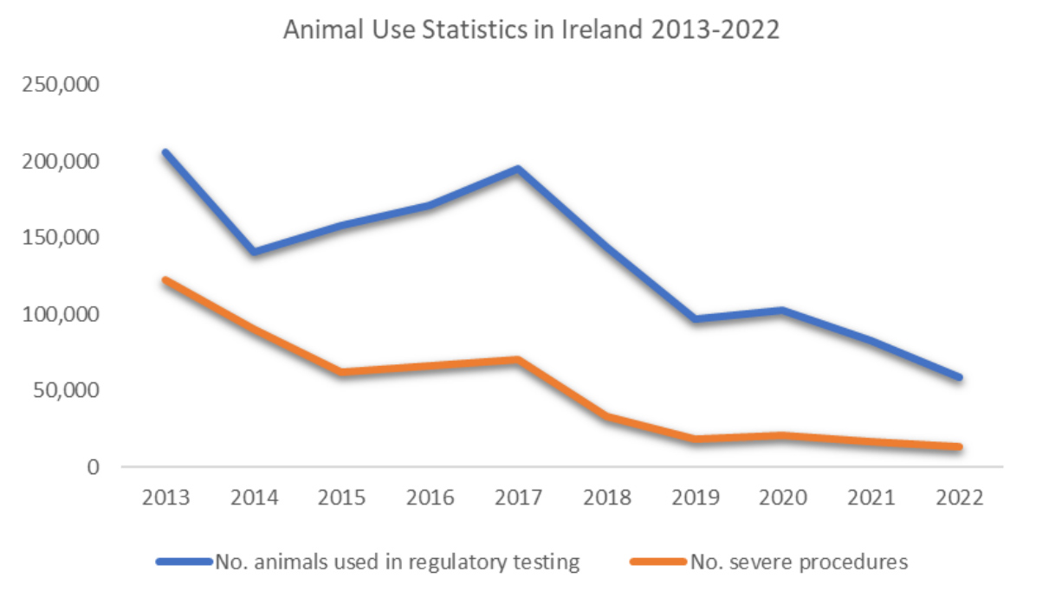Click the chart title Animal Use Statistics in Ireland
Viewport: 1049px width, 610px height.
532,30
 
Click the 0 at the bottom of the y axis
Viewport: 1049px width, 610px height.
93,467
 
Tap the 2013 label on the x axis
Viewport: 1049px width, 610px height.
166,498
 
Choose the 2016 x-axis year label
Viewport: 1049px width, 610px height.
431,498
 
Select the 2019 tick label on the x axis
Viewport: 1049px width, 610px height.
695,498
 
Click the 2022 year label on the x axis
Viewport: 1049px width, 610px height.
959,498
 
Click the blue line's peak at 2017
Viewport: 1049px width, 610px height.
518,169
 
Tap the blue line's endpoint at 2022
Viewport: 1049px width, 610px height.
959,377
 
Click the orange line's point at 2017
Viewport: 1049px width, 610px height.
518,359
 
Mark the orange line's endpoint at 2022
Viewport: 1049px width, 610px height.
959,447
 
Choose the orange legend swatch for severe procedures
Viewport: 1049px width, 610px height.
659,562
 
